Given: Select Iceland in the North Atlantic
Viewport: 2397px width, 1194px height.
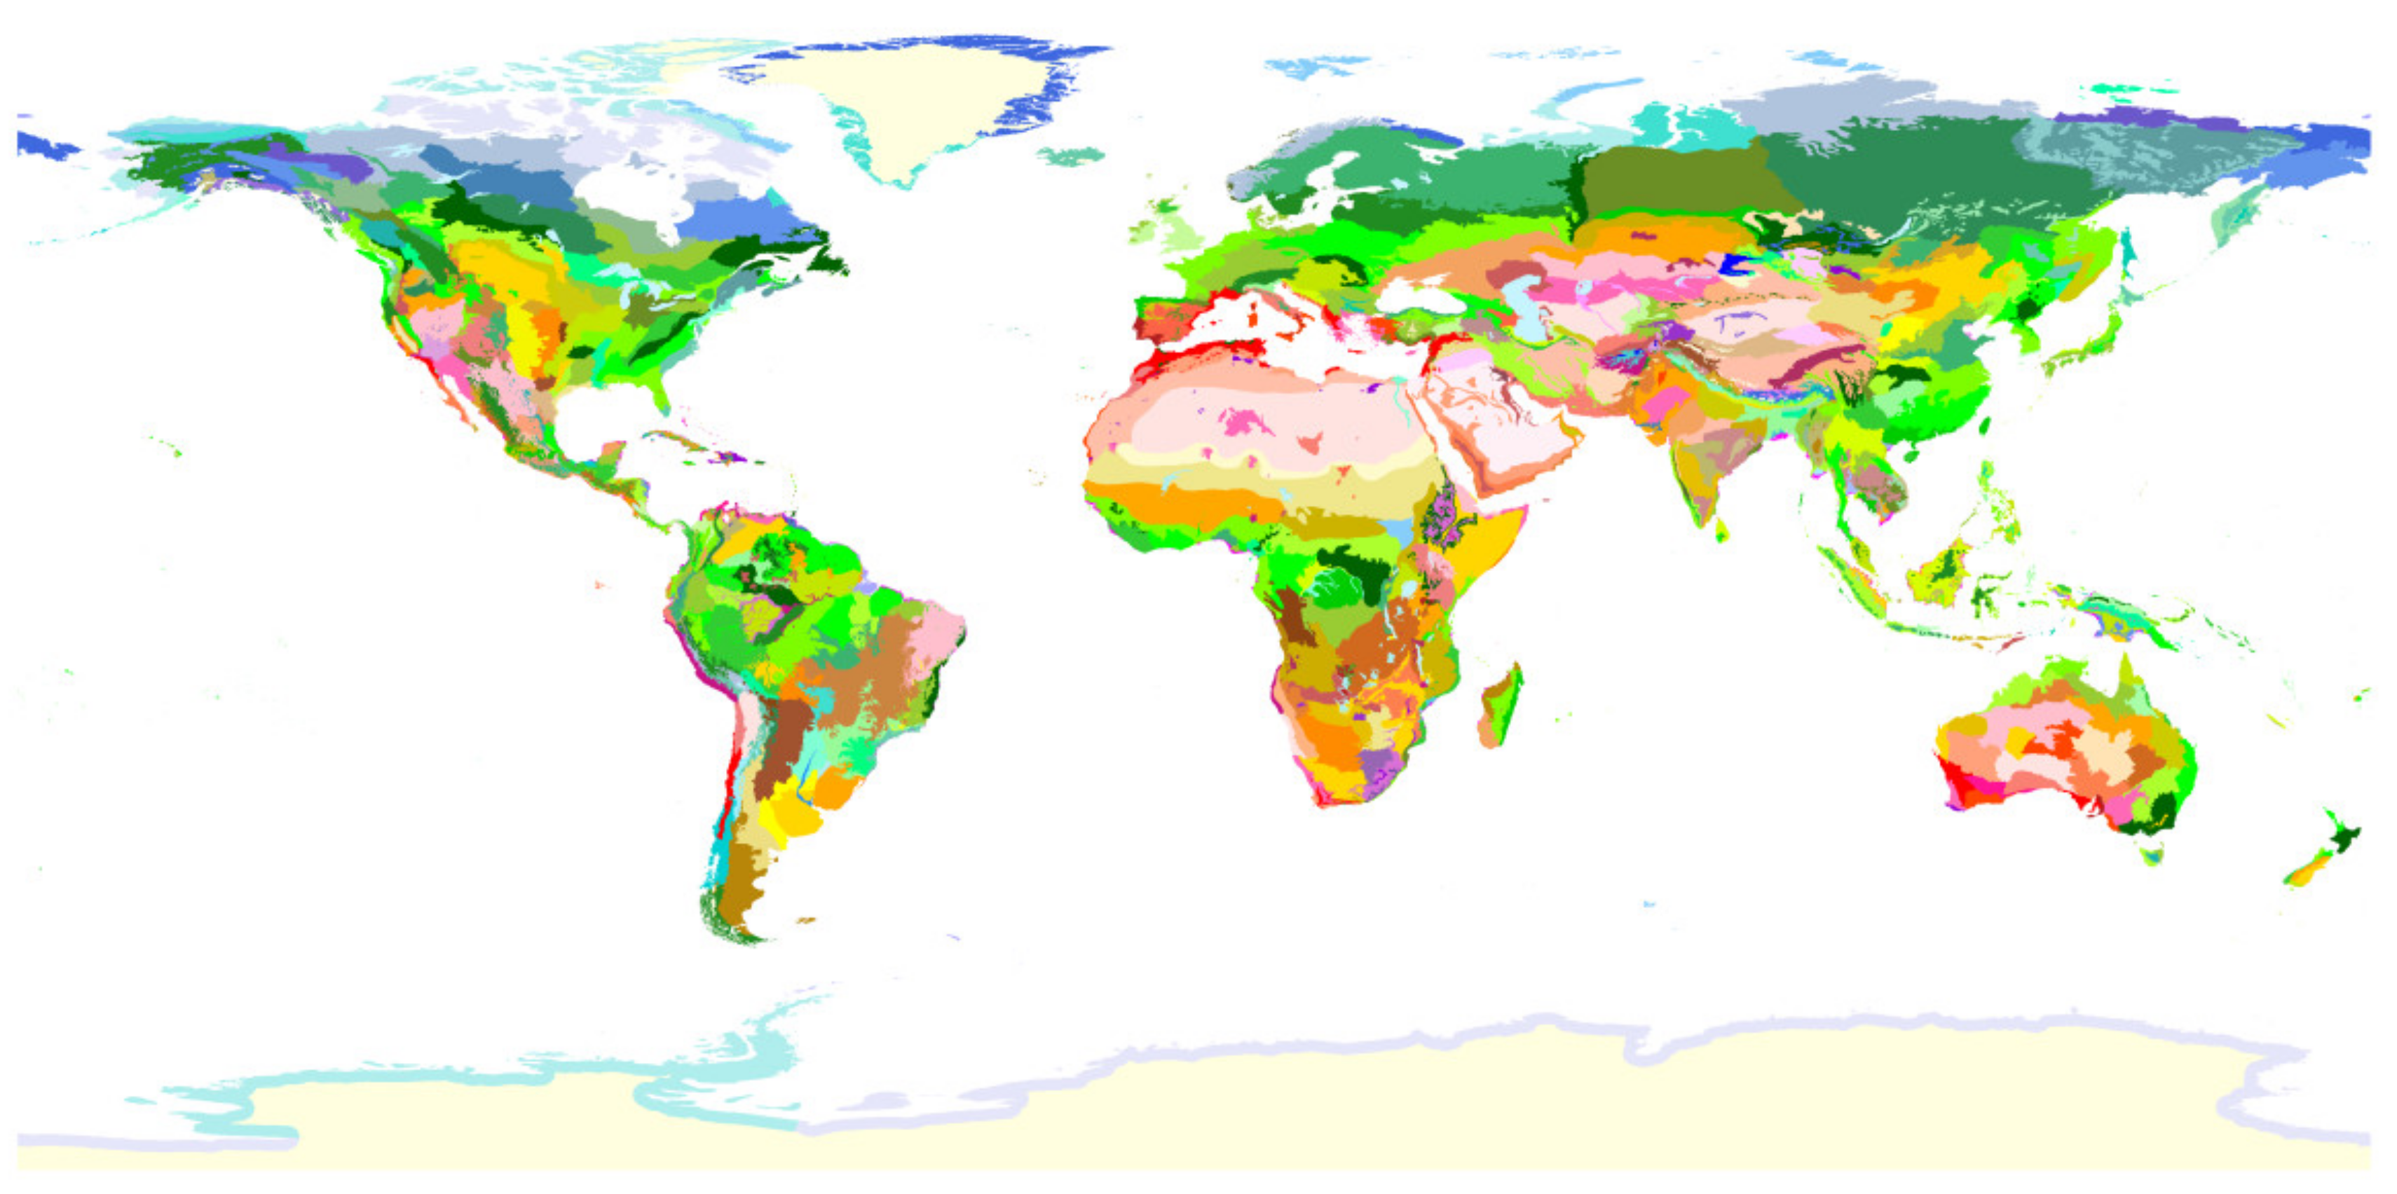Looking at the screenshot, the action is pos(1070,156).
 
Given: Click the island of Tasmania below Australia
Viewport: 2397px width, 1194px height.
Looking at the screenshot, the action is pos(2152,853).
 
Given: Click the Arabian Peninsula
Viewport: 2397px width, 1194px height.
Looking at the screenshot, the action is pos(1498,428).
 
